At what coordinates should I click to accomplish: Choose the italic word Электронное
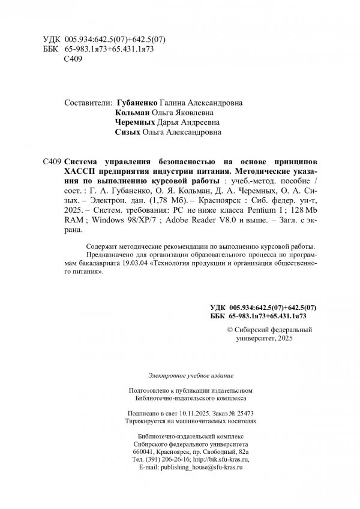pos(151,375)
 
